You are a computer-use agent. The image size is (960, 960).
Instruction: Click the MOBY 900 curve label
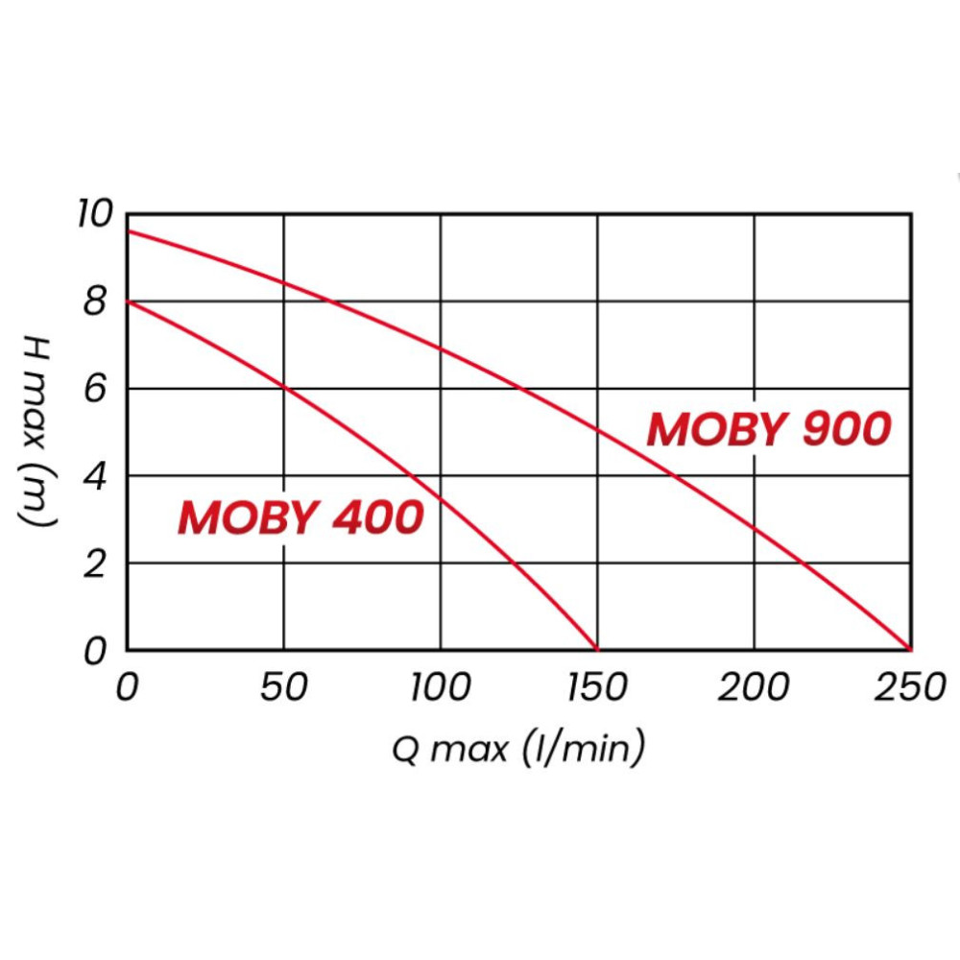769,430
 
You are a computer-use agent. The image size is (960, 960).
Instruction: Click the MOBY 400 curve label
300,518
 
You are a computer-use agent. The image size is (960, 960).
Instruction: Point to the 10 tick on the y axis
94,215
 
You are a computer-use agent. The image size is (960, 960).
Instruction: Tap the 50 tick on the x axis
284,687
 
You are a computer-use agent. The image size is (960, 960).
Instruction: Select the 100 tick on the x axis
441,687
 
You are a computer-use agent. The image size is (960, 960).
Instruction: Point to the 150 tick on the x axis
597,687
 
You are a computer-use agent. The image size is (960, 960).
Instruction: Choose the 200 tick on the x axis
754,687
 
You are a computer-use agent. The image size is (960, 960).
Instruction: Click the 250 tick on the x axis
910,687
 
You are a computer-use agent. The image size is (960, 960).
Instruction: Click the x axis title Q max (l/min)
518,748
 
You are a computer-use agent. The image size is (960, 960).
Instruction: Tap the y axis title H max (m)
38,430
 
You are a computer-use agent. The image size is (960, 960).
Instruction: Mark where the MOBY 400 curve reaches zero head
597,650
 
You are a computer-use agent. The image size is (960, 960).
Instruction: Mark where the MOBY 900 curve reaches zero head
910,650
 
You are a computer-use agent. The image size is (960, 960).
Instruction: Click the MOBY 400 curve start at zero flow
128,302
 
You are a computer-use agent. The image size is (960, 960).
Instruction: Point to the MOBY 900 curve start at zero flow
128,232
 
